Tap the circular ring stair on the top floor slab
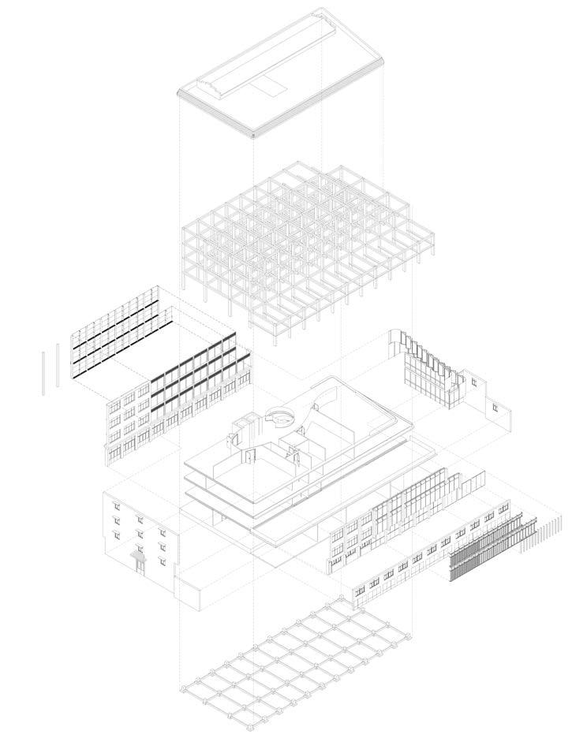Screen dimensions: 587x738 click(x=278, y=416)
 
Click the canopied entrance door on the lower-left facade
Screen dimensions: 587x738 click(x=140, y=561)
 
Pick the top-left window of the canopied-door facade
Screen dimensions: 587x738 click(x=117, y=503)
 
